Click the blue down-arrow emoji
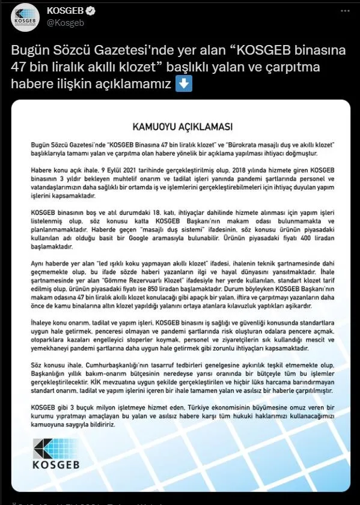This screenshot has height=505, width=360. click(x=184, y=83)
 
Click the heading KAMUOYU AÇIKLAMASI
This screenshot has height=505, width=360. click(x=174, y=127)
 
